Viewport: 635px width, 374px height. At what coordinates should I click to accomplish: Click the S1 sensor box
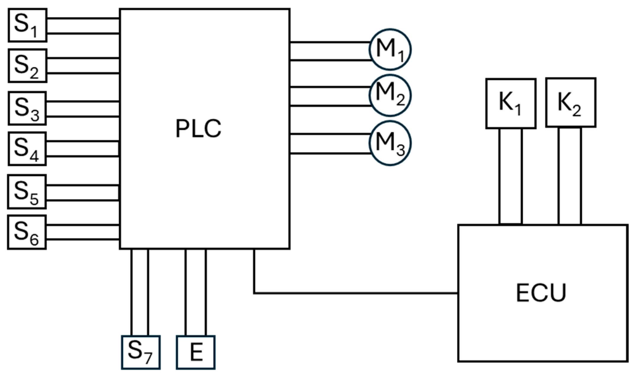tap(27, 25)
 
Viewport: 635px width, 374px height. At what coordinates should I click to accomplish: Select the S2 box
tap(27, 65)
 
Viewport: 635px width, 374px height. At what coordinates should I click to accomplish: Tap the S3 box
tap(27, 108)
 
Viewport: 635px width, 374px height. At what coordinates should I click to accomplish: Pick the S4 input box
tap(27, 148)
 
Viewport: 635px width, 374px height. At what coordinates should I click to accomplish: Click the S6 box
tap(27, 232)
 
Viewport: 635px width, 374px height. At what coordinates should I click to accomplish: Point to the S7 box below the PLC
tap(141, 352)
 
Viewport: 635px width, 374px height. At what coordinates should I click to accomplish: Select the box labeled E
tap(196, 352)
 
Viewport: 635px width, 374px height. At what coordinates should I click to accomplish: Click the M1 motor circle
tap(390, 49)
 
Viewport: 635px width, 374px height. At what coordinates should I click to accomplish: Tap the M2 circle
tap(390, 95)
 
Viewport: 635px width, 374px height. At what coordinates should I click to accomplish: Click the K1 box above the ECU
tap(511, 103)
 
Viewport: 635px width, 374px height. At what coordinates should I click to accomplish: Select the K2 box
tap(570, 103)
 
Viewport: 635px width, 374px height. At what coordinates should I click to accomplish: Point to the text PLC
tap(198, 129)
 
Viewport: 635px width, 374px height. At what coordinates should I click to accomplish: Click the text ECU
tap(541, 293)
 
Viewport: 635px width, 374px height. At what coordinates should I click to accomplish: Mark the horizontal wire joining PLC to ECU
tap(355, 293)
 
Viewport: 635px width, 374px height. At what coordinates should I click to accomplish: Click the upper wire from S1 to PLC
tap(83, 18)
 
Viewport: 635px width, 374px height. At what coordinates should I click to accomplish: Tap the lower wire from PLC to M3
tap(330, 153)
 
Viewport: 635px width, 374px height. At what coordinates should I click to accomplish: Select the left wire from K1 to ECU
tap(499, 176)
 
